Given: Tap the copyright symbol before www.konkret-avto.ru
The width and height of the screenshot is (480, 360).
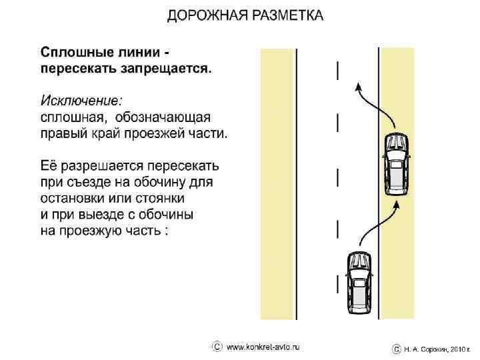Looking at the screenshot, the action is pos(217,347).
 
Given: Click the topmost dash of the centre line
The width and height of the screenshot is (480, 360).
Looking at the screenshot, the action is pos(338,69).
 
